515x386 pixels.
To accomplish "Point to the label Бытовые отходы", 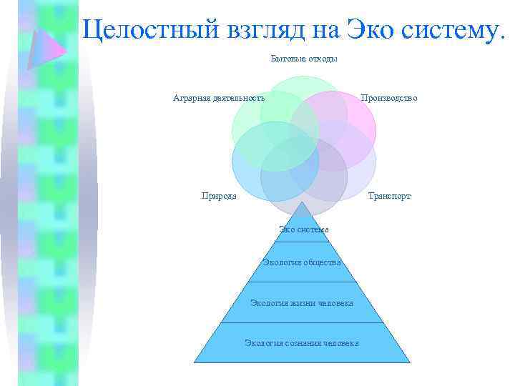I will click(304, 59).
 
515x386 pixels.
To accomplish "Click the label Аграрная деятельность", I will click(219, 98).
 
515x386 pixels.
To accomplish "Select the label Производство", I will click(389, 98).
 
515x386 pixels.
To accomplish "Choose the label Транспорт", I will click(389, 195).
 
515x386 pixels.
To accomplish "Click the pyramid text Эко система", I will click(304, 229).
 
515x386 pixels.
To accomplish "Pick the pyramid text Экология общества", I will click(301, 262).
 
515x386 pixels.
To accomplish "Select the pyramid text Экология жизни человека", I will click(301, 302).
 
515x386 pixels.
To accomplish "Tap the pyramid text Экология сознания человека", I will click(301, 343).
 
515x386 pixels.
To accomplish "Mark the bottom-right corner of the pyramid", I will click(410, 362).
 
